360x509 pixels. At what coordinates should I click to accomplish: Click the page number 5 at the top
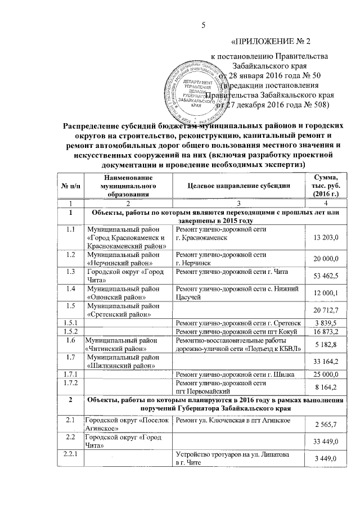205,24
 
